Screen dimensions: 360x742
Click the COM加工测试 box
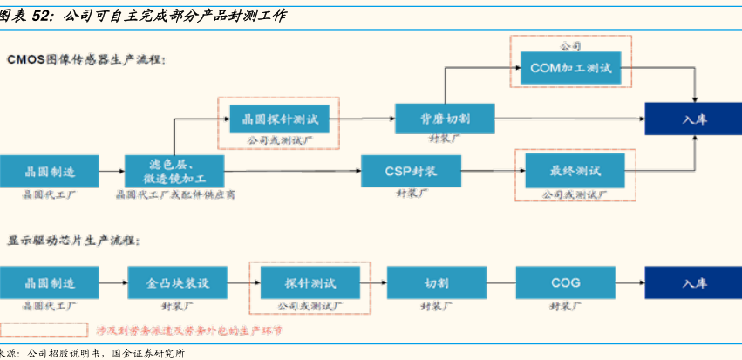point(570,67)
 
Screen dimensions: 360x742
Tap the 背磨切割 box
point(444,117)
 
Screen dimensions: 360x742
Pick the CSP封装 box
point(410,170)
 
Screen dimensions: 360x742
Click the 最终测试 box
point(575,170)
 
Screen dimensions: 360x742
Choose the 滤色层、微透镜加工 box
point(174,170)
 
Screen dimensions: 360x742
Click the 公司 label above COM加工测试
point(570,44)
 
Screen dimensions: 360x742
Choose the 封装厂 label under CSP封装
point(410,193)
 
